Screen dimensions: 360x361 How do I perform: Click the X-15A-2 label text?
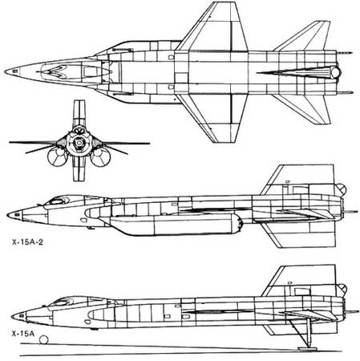(x=27, y=242)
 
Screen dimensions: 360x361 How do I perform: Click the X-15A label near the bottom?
(x=23, y=334)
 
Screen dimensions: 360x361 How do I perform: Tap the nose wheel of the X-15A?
(x=43, y=340)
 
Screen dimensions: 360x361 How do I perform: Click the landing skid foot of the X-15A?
(x=307, y=348)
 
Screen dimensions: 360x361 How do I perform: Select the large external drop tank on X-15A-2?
(x=171, y=224)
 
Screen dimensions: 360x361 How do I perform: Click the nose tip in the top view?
(x=6, y=71)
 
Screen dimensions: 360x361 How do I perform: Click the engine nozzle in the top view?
(x=336, y=72)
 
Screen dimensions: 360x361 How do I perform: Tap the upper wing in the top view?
(x=214, y=26)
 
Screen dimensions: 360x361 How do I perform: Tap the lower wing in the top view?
(x=214, y=118)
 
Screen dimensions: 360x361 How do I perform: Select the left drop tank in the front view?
(x=57, y=156)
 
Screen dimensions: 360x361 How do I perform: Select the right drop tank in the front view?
(x=100, y=157)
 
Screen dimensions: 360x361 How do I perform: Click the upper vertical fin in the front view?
(x=79, y=112)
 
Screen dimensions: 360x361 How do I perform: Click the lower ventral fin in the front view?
(x=79, y=168)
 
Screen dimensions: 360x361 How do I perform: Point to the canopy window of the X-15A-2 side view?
(x=59, y=201)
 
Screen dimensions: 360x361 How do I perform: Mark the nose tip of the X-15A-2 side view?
(x=8, y=215)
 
